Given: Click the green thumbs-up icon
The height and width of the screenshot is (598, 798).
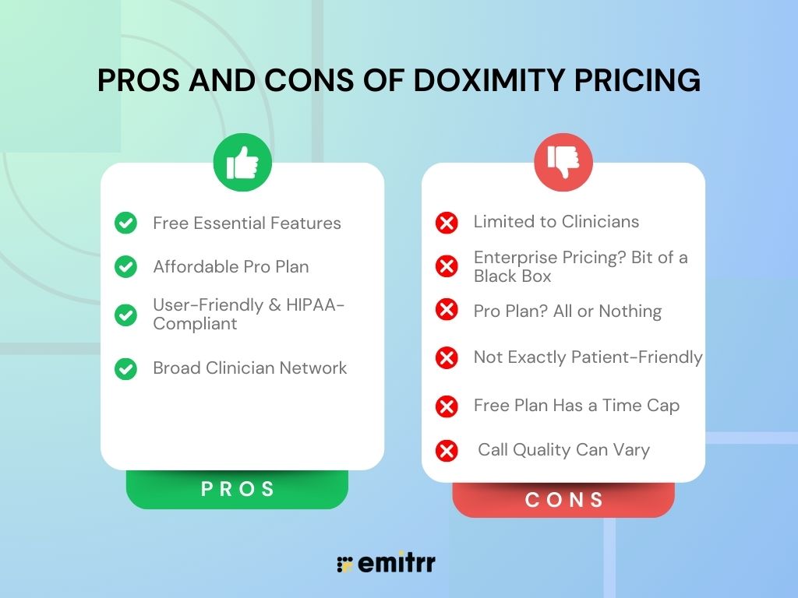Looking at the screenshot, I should click(242, 163).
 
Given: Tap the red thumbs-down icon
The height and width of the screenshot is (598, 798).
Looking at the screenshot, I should click(563, 163).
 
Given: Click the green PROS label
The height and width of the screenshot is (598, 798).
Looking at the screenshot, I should click(238, 489).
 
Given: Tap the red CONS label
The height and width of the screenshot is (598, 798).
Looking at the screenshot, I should click(563, 499).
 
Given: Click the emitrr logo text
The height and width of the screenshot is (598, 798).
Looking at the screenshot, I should click(397, 564).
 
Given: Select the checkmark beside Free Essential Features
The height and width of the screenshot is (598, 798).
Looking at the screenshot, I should click(125, 223).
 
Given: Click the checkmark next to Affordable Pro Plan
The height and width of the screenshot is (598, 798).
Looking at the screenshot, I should click(125, 267).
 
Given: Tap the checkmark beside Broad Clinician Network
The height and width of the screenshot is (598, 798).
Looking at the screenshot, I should click(125, 368).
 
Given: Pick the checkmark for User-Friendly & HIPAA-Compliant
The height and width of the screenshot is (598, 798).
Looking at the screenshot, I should click(125, 315).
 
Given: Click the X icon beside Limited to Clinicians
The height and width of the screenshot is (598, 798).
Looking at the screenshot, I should click(447, 223).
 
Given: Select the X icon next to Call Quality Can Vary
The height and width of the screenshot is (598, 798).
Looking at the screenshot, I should click(447, 450).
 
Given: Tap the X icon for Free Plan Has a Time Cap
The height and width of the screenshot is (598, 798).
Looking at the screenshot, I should click(447, 406).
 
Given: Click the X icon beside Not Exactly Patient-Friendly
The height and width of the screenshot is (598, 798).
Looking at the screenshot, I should click(447, 357).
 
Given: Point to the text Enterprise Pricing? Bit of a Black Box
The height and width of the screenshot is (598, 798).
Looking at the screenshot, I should click(580, 266).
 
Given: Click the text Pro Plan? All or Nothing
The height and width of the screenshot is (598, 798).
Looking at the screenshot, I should click(567, 311).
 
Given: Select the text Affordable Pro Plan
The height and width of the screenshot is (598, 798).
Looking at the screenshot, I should click(231, 266).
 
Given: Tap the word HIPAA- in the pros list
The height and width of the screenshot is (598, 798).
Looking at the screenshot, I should click(316, 304).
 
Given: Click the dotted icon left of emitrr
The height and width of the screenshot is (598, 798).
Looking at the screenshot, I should click(344, 565).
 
